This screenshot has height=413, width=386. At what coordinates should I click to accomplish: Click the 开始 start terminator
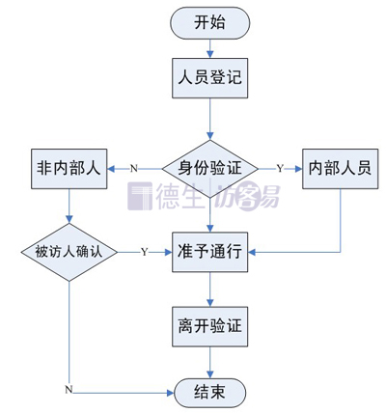(210, 23)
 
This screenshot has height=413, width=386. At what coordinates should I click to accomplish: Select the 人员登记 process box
(210, 78)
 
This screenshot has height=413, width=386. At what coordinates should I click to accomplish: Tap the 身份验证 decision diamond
(210, 169)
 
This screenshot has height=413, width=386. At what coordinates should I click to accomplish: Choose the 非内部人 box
(69, 169)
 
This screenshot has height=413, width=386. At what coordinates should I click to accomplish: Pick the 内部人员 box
(341, 169)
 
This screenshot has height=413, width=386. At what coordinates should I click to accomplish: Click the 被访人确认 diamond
(69, 252)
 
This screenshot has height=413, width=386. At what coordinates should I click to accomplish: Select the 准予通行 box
(210, 252)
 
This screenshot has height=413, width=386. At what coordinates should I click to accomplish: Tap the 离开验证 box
(210, 326)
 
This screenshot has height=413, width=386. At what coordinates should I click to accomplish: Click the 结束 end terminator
(210, 393)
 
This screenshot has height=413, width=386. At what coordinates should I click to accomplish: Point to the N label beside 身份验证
(134, 168)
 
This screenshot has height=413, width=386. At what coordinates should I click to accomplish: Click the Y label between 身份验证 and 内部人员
(280, 168)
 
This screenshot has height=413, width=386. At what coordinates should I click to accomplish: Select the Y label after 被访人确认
(145, 252)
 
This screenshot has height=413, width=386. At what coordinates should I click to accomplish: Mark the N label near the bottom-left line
(69, 390)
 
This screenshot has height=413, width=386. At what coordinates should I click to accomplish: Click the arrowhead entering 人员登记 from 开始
(210, 54)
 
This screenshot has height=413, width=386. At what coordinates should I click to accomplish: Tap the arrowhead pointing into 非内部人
(111, 169)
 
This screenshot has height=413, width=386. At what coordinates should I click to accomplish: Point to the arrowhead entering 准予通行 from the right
(252, 252)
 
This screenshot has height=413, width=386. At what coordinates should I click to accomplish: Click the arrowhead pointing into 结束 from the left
(170, 393)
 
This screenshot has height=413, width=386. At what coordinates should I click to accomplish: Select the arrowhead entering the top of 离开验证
(210, 302)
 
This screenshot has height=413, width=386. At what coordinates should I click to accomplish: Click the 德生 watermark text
(180, 197)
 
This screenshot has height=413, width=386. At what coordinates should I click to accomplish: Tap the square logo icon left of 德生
(140, 196)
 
